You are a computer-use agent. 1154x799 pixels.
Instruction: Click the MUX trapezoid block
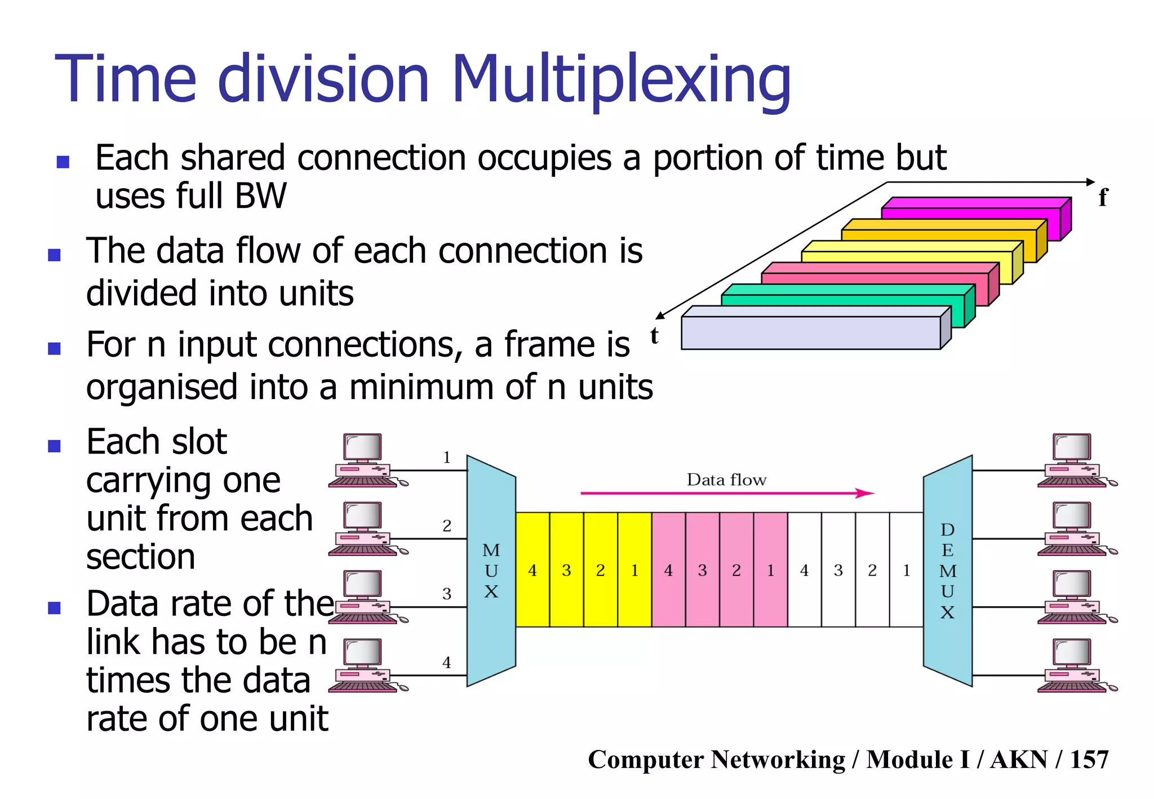(491, 570)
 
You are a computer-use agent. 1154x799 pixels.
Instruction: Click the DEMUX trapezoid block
(947, 570)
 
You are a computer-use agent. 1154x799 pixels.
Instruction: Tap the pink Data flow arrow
(727, 493)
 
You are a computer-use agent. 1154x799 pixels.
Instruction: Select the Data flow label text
(726, 480)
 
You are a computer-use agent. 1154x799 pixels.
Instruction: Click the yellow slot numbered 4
(532, 570)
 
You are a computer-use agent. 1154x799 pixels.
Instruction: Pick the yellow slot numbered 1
(634, 570)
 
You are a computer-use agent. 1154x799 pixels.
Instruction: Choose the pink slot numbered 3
(702, 570)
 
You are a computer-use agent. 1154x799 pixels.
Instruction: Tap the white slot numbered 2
(872, 570)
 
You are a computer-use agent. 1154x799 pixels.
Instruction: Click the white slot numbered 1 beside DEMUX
(906, 570)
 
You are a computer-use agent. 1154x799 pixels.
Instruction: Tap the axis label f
(1103, 197)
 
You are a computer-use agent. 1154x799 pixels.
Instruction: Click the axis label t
(654, 335)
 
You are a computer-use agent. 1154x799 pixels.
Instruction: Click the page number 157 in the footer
(1089, 760)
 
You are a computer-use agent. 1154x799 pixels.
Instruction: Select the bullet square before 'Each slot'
(55, 446)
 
